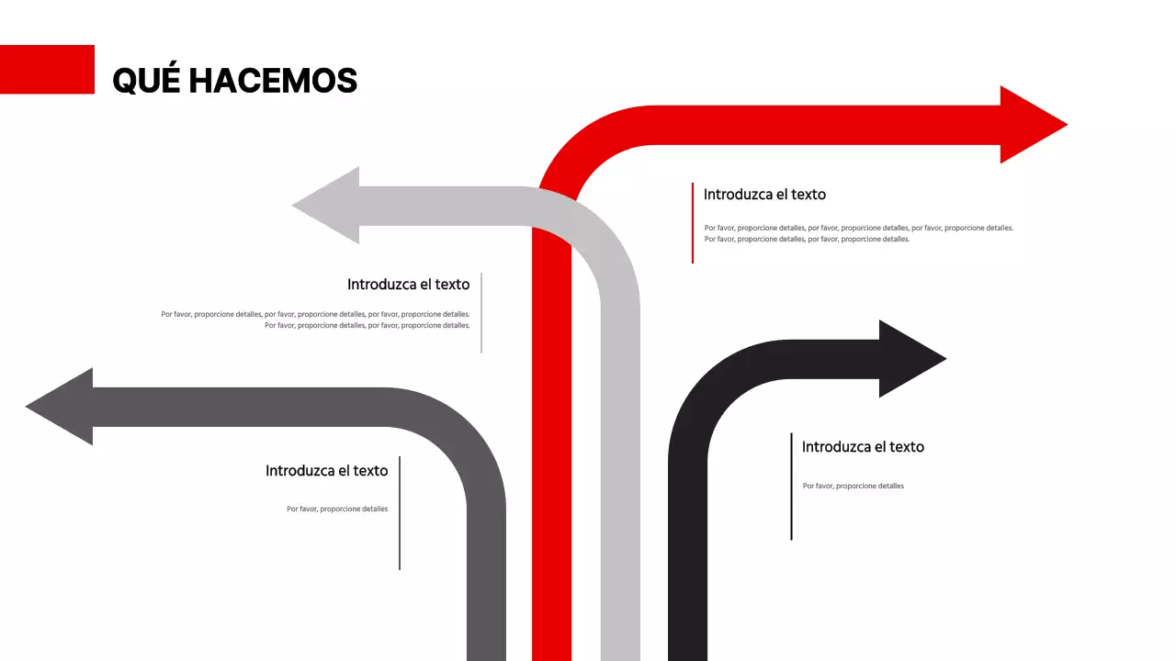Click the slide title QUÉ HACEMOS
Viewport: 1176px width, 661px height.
(x=234, y=81)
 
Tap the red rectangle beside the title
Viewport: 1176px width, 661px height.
(x=47, y=69)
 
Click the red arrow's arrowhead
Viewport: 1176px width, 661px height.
(x=1029, y=124)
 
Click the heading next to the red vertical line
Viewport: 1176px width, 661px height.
(x=764, y=195)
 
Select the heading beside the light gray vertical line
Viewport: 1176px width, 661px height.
(x=408, y=285)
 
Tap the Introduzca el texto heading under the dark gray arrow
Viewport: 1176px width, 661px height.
(x=326, y=471)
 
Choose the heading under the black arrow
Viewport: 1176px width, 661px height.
(x=863, y=447)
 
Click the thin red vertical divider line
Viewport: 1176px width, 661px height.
(x=693, y=223)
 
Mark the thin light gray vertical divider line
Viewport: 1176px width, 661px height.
(x=481, y=313)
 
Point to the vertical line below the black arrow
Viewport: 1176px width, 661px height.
(x=791, y=487)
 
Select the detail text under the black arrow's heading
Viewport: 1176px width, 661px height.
(x=853, y=486)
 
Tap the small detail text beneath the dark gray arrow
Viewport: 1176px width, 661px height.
(x=337, y=509)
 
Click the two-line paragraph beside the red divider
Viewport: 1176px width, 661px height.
(x=858, y=233)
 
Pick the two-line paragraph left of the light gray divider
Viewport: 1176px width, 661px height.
(x=315, y=319)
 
